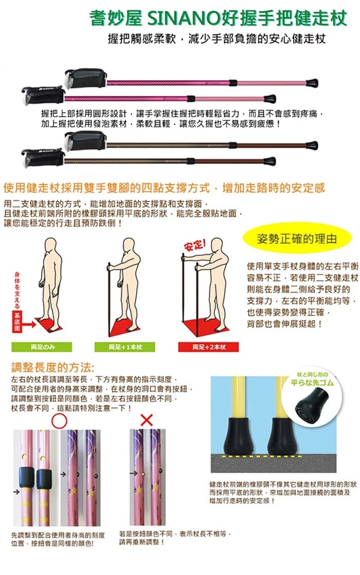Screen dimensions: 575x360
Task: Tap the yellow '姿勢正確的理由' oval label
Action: point(297,240)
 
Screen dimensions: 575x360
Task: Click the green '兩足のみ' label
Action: point(40,347)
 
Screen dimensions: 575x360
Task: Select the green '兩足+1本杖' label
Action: point(125,347)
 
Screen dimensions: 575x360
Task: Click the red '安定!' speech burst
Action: point(195,243)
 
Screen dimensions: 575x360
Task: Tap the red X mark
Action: point(147,420)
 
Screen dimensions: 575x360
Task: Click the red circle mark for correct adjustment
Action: point(60,421)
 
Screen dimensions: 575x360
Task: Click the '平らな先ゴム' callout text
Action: point(312,383)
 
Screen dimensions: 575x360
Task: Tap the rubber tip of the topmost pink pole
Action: point(312,82)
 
